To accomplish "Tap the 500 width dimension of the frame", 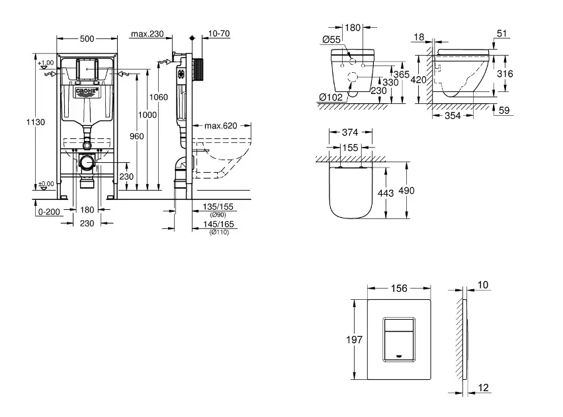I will [x=87, y=39].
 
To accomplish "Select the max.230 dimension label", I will [x=147, y=34].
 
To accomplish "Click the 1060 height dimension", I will [x=159, y=97].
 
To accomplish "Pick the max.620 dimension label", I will [x=220, y=126].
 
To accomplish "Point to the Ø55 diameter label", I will [x=331, y=40].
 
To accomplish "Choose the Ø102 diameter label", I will [x=330, y=97].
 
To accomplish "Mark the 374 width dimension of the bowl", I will [x=351, y=132].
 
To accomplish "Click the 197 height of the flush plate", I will [x=355, y=340].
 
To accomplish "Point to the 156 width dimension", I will [x=399, y=289].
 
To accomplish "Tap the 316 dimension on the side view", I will [x=505, y=75].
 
